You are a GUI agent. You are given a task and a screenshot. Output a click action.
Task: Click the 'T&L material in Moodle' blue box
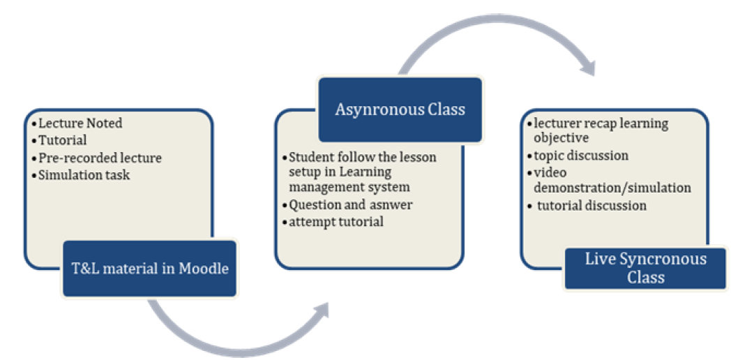click(149, 269)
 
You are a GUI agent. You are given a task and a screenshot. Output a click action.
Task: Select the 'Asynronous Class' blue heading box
click(400, 110)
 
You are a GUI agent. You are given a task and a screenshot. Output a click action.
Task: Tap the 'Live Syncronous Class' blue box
click(645, 269)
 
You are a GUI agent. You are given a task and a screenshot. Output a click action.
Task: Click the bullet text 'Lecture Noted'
click(80, 123)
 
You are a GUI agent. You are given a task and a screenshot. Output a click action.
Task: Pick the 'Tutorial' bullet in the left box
click(63, 140)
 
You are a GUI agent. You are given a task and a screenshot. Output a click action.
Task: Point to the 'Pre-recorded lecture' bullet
click(100, 158)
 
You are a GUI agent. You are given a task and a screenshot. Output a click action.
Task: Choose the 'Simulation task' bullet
click(84, 174)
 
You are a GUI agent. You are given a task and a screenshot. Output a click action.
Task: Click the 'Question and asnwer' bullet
click(351, 204)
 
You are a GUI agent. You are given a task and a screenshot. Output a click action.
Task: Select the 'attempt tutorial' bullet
click(336, 222)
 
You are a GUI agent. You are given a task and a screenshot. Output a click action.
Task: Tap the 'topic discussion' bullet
click(581, 156)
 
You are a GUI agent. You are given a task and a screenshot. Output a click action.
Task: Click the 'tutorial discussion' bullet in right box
click(591, 206)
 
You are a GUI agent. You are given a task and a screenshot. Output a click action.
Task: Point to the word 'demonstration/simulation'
click(612, 188)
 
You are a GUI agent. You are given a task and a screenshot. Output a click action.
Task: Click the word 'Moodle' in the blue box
click(204, 269)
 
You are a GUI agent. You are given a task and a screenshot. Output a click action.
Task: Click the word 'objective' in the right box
click(561, 138)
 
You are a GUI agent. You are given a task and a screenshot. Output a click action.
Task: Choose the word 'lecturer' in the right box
click(555, 123)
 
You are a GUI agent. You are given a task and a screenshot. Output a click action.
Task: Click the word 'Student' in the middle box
click(309, 157)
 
